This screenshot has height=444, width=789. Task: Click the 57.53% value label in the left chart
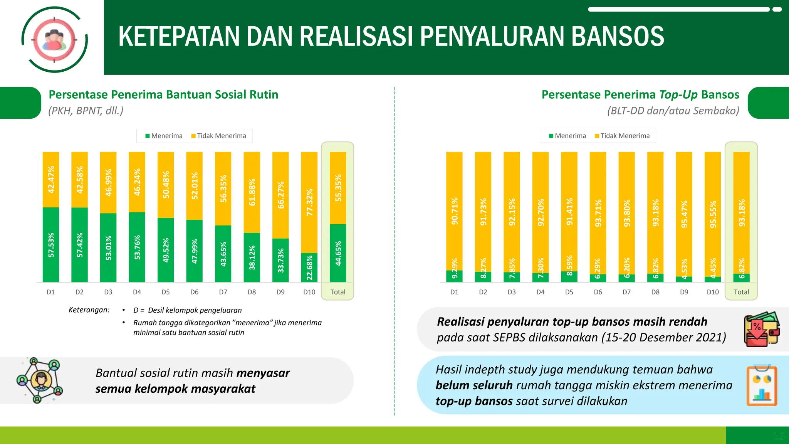pyautogui.click(x=51, y=245)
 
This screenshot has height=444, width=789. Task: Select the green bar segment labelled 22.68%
pyautogui.click(x=309, y=267)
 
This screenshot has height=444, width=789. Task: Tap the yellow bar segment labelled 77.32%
pyautogui.click(x=309, y=202)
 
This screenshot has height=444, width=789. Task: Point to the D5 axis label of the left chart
pyautogui.click(x=166, y=292)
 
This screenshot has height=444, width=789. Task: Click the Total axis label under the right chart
pyautogui.click(x=741, y=292)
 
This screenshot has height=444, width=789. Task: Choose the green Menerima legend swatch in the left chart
pyautogui.click(x=148, y=136)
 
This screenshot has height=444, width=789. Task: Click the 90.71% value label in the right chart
pyautogui.click(x=455, y=211)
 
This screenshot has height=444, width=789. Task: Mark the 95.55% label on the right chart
pyautogui.click(x=713, y=214)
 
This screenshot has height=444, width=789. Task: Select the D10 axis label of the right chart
pyautogui.click(x=713, y=292)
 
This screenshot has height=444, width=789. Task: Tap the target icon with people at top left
pyautogui.click(x=54, y=39)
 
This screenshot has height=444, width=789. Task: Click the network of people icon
pyautogui.click(x=40, y=380)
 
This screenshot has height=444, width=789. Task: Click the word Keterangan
pyautogui.click(x=89, y=310)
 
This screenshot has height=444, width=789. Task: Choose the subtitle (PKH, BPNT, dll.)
pyautogui.click(x=86, y=111)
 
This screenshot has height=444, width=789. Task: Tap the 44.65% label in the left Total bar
pyautogui.click(x=338, y=253)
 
